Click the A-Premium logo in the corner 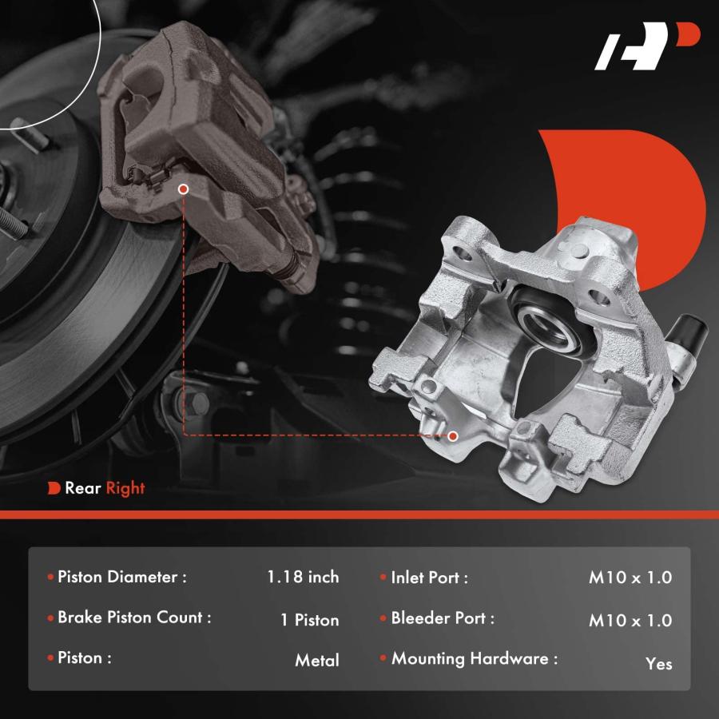(646, 46)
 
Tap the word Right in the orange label (125, 488)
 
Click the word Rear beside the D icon (83, 488)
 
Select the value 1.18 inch (303, 577)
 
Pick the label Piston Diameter (122, 577)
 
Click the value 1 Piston (310, 620)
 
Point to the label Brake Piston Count (134, 618)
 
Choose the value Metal (317, 661)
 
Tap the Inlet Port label (429, 578)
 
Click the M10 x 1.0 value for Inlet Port (630, 578)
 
